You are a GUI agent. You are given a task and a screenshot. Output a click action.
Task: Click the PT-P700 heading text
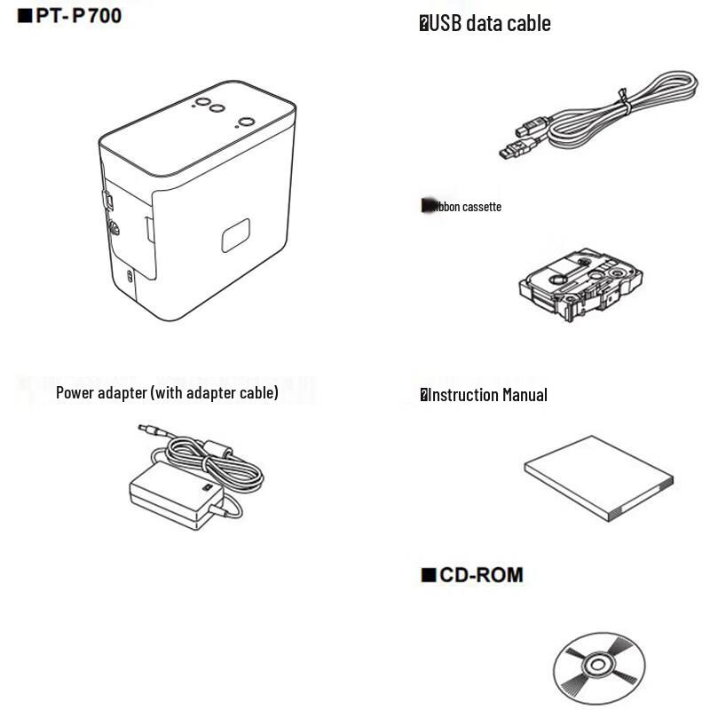78,15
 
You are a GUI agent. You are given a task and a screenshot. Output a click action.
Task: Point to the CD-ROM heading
482,575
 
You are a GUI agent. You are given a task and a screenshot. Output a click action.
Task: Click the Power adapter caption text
167,392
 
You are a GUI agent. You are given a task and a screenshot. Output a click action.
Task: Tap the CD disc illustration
595,668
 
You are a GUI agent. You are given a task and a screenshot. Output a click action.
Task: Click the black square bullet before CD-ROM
429,576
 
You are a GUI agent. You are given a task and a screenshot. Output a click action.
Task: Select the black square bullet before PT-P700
25,15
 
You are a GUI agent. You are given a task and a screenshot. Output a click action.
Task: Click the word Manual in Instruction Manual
525,395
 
